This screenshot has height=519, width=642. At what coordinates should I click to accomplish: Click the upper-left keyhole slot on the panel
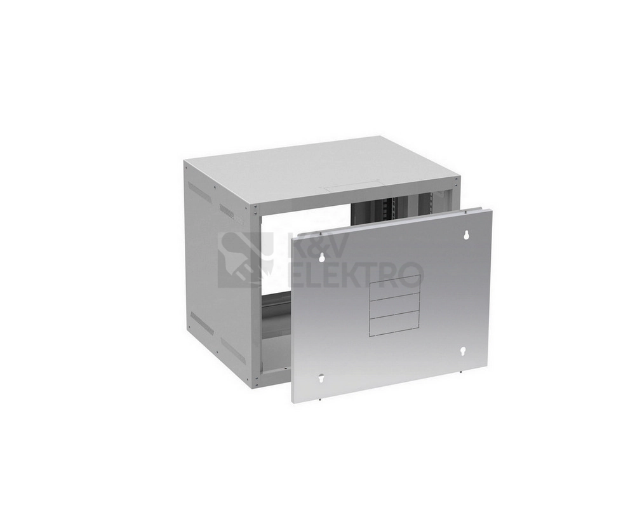tap(322, 257)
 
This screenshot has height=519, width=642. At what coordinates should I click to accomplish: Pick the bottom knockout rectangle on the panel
tap(395, 323)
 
